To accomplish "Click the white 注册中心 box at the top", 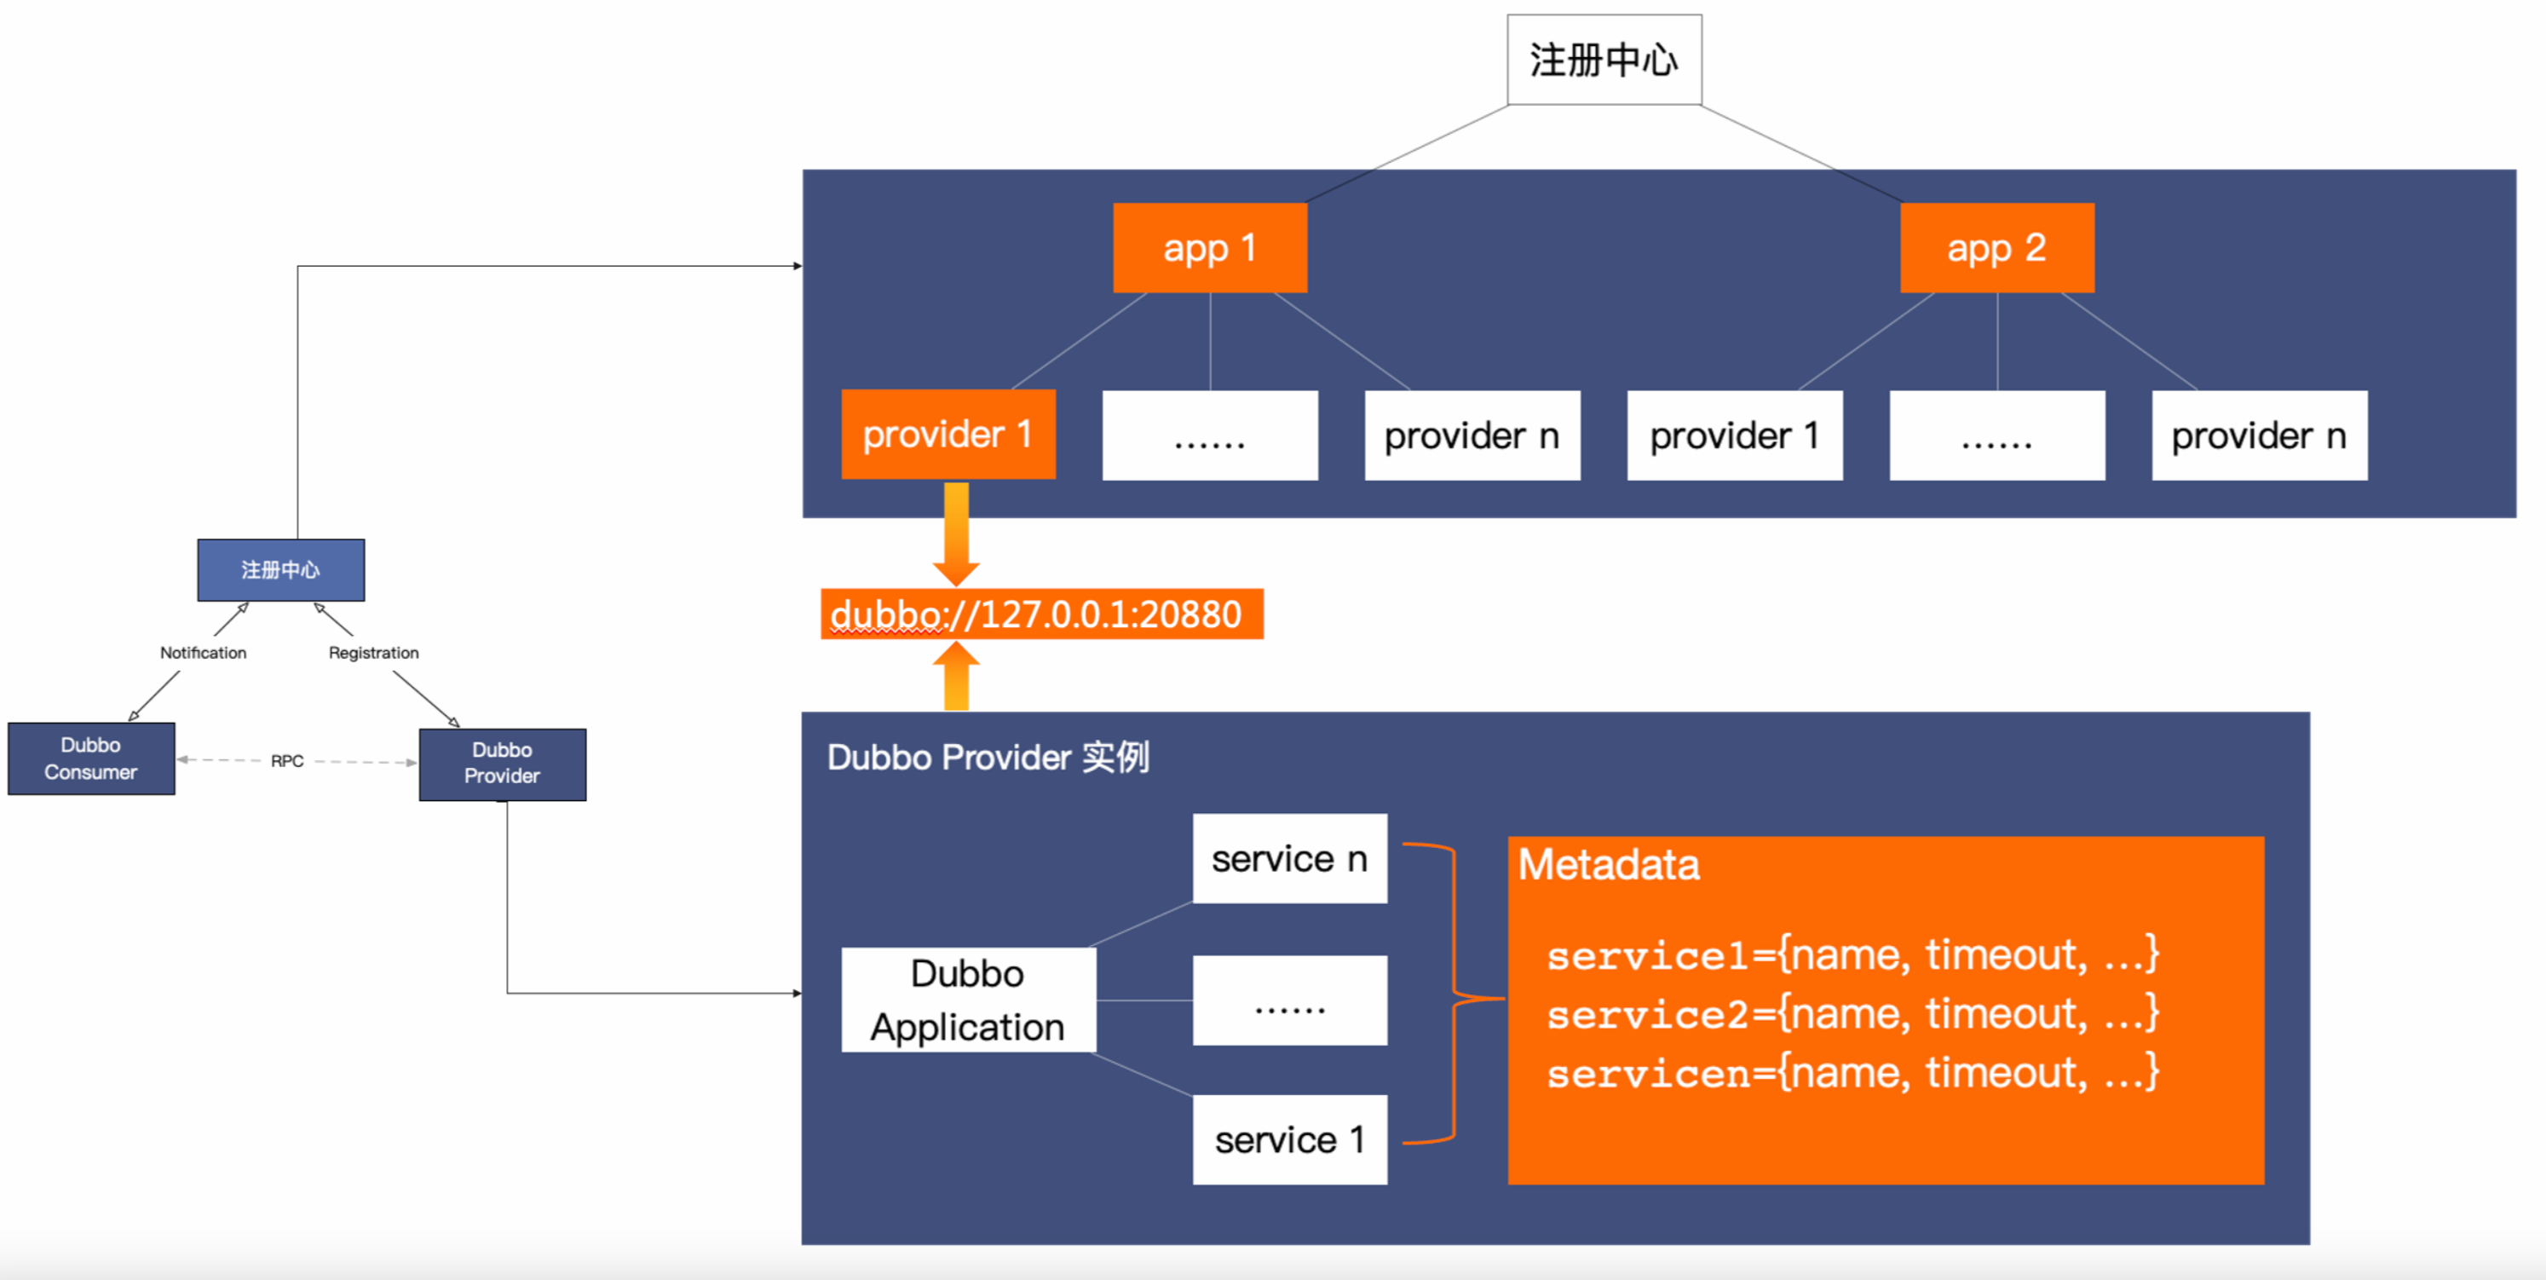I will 1603,60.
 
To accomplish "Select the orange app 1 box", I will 1210,247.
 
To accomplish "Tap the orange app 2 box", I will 1996,247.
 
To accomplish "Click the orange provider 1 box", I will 948,434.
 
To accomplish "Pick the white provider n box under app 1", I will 1472,435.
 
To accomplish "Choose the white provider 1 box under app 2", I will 1735,435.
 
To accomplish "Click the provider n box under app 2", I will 2260,435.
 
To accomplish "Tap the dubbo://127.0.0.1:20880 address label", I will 1040,614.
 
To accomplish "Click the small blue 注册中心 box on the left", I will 280,569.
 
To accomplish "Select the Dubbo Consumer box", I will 91,758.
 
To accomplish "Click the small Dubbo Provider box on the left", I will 502,763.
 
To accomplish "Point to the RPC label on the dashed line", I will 286,760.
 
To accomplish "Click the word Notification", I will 204,652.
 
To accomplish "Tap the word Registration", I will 373,652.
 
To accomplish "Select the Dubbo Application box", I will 968,1000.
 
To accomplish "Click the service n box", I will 1289,858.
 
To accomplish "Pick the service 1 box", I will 1289,1139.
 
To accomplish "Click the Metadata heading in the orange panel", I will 1608,864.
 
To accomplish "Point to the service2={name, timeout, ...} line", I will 1852,1014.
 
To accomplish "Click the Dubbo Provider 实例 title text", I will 988,757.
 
